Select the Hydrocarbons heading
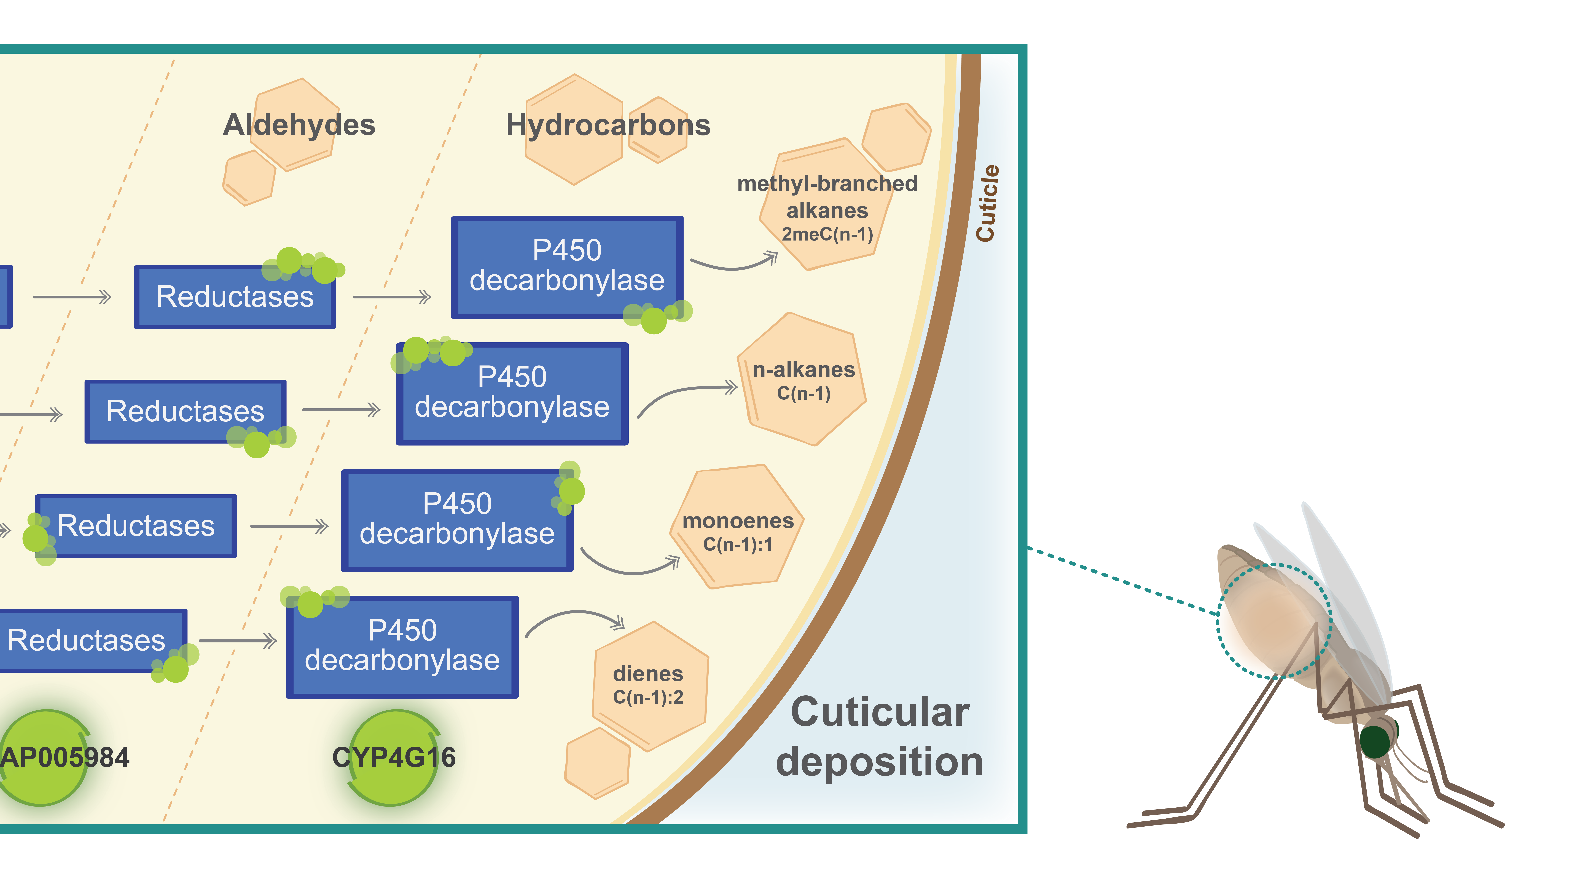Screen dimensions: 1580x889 608,125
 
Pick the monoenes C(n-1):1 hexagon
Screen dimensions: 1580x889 737,526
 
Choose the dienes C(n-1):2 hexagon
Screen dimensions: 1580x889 650,686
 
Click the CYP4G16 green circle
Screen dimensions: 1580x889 394,757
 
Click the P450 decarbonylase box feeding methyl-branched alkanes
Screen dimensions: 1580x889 567,267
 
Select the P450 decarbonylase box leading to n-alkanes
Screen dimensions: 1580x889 512,393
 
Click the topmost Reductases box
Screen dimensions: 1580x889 235,297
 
